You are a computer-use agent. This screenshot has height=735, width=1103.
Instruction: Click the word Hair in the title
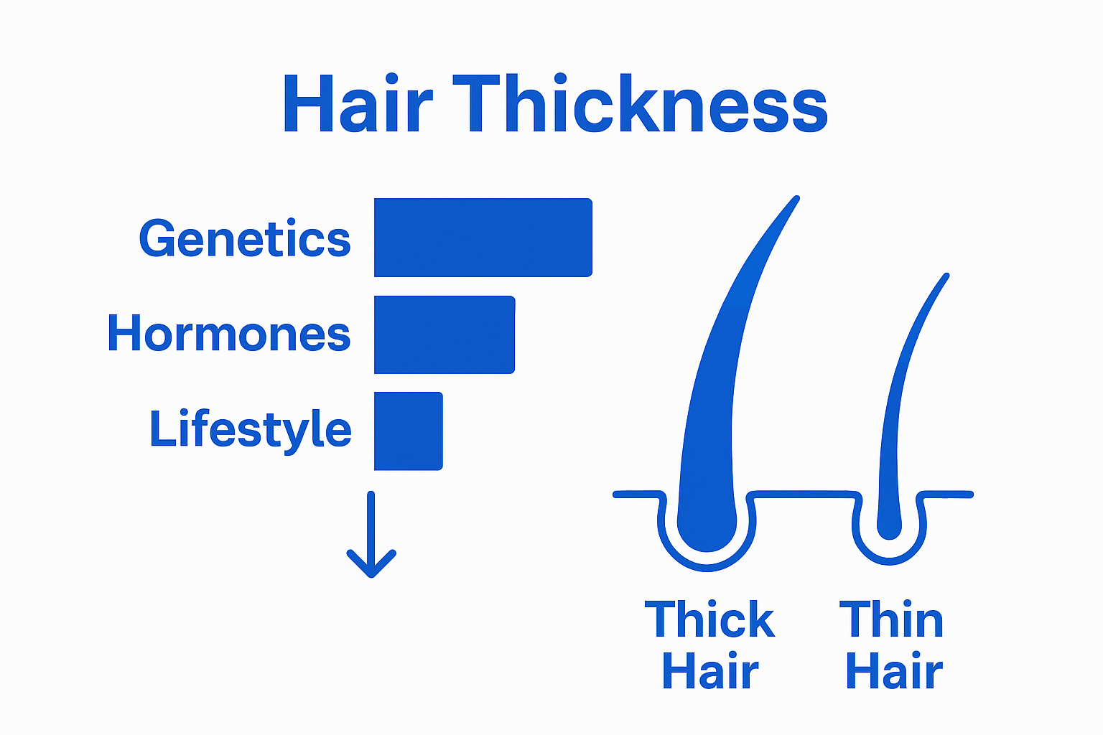tap(358, 103)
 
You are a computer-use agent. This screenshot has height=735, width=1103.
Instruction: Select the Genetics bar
tap(483, 238)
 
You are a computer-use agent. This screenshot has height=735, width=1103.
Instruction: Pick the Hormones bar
tap(445, 334)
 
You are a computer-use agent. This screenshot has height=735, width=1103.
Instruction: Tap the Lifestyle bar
tap(408, 431)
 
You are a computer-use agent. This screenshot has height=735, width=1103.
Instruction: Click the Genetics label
tap(245, 238)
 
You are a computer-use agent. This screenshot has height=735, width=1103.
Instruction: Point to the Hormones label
tap(229, 333)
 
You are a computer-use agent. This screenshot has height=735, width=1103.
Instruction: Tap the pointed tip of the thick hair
tap(796, 198)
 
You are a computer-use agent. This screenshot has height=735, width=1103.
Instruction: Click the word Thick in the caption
tap(709, 619)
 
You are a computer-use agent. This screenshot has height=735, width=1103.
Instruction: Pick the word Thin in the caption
tap(891, 619)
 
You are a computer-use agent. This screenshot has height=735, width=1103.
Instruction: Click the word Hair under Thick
tap(710, 670)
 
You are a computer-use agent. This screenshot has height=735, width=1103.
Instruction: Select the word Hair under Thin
tap(894, 670)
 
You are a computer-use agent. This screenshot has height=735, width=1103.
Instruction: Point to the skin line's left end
tap(615, 495)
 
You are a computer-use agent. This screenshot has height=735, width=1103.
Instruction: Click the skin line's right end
tap(971, 495)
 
